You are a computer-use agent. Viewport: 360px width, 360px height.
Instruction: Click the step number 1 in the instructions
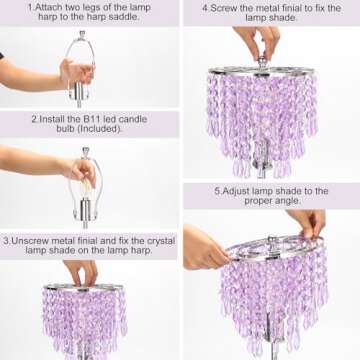29,7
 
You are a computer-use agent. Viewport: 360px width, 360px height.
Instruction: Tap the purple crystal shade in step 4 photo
262,115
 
